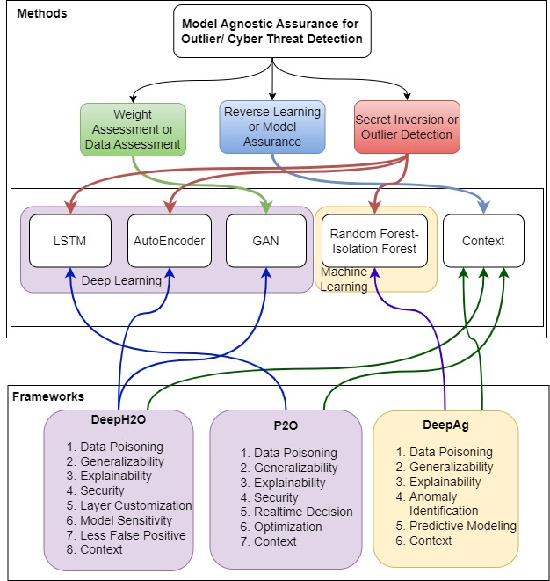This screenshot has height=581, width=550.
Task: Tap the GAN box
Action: point(265,240)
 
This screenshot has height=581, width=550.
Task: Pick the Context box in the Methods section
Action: point(483,240)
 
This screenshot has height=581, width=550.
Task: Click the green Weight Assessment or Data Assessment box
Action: point(133,130)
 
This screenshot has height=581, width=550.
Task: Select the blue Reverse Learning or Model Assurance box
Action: point(271,127)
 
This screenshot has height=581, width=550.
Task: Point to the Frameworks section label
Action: point(48,396)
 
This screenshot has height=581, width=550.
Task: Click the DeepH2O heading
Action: point(119,419)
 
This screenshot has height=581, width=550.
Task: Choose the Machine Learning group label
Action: point(344,280)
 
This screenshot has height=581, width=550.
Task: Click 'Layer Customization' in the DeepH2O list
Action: point(128,505)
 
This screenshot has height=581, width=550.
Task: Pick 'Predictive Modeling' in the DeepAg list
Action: point(462,526)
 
